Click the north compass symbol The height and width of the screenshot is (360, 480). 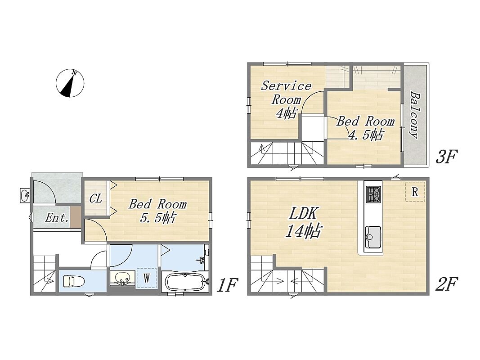pos(70,83)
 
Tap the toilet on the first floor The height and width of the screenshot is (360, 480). pos(74,281)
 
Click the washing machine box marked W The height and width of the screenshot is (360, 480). pos(147,278)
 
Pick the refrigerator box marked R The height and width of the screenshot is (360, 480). pos(415,192)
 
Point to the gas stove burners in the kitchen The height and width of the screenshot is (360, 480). pos(374,194)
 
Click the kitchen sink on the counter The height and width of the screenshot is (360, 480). pos(373,237)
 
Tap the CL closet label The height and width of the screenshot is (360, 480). pos(95,199)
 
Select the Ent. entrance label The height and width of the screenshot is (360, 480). pos(57,218)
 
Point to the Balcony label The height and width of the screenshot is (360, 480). pos(415,114)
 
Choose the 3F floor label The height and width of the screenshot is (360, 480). pos(446,157)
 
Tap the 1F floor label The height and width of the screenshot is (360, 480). pos(227,285)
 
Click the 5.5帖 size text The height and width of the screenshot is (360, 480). pos(157,218)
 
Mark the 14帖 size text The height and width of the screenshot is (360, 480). pos(303,231)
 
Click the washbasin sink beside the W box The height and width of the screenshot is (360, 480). pos(122,278)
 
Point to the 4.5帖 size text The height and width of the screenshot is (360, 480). pos(366,135)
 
